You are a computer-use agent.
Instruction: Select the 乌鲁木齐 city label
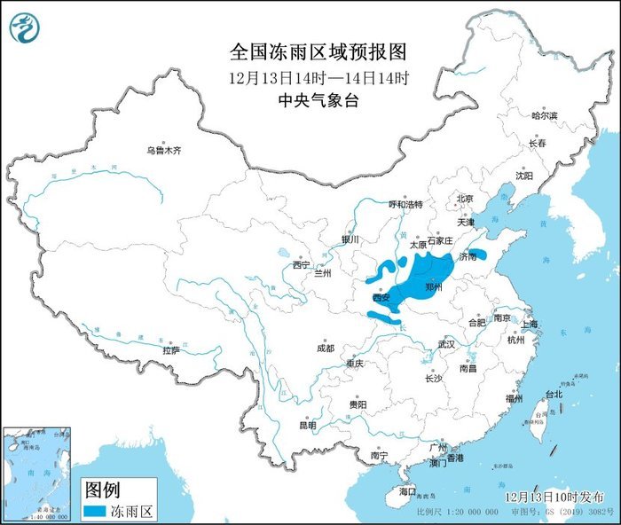(164, 151)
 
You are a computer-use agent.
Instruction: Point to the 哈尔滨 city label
(544, 116)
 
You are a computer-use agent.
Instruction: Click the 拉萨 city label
(171, 350)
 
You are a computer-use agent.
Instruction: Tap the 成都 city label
(325, 349)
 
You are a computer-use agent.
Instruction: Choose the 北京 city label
(465, 199)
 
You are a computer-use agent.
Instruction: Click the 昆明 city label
(307, 426)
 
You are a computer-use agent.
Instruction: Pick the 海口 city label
(407, 491)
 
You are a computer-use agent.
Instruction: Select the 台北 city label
(553, 394)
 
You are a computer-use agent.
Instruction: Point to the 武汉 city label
(446, 343)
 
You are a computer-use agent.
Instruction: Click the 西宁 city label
(302, 264)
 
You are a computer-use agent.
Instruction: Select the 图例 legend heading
(102, 490)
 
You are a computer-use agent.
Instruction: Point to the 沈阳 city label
(524, 176)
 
